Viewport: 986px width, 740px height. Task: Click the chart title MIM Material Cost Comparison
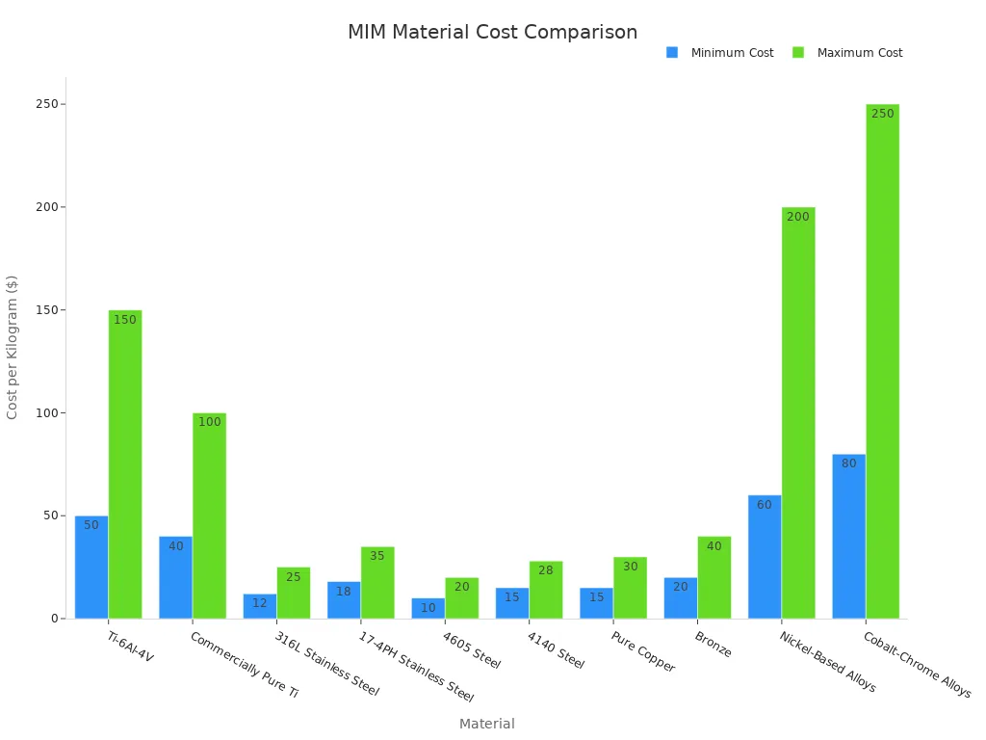(x=492, y=33)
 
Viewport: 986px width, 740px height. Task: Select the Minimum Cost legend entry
(x=731, y=53)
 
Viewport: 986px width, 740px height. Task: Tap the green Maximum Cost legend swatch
(x=798, y=53)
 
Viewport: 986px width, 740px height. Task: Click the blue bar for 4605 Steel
(x=428, y=609)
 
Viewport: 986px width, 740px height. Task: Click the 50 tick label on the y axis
(x=50, y=515)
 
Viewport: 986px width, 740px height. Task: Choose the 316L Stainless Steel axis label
(x=326, y=664)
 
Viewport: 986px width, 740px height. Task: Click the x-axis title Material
(x=486, y=724)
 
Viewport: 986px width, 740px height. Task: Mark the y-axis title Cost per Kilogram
(x=13, y=347)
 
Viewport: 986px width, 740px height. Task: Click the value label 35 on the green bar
(x=377, y=556)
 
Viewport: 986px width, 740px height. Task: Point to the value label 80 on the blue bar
(x=848, y=463)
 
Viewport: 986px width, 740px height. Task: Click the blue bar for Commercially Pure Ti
(x=175, y=578)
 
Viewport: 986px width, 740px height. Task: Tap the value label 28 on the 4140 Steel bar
(x=546, y=570)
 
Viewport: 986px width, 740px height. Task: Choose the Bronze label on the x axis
(x=713, y=645)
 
